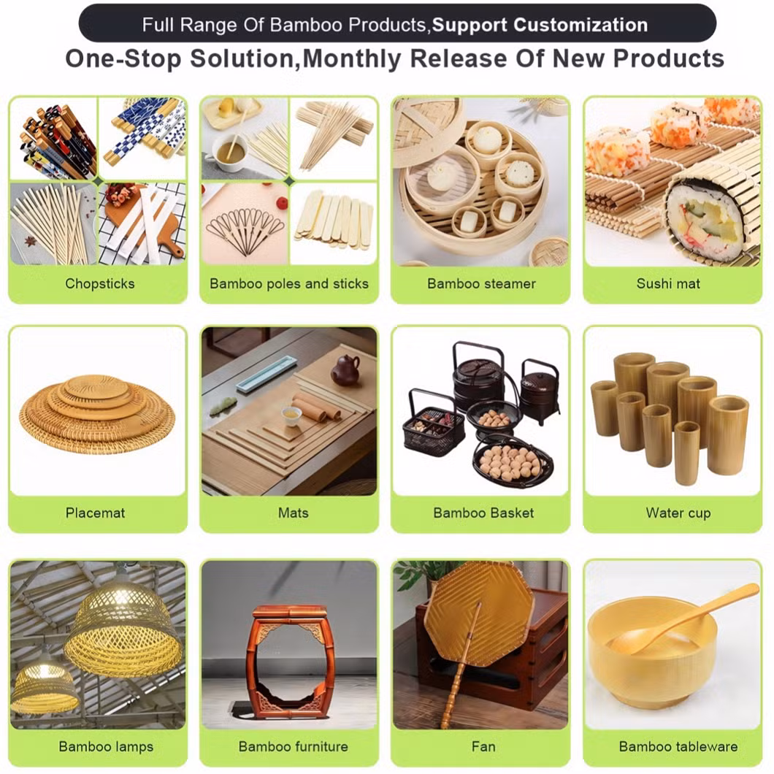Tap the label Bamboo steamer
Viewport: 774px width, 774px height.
(481, 283)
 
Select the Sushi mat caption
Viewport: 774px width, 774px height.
(667, 283)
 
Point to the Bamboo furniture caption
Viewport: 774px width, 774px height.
(293, 746)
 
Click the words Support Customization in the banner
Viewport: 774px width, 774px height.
(539, 25)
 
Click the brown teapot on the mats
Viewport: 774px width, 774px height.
(345, 371)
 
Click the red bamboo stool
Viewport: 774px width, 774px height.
(289, 661)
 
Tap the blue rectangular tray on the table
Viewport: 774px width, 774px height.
(266, 374)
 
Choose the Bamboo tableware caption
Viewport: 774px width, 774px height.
(678, 746)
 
